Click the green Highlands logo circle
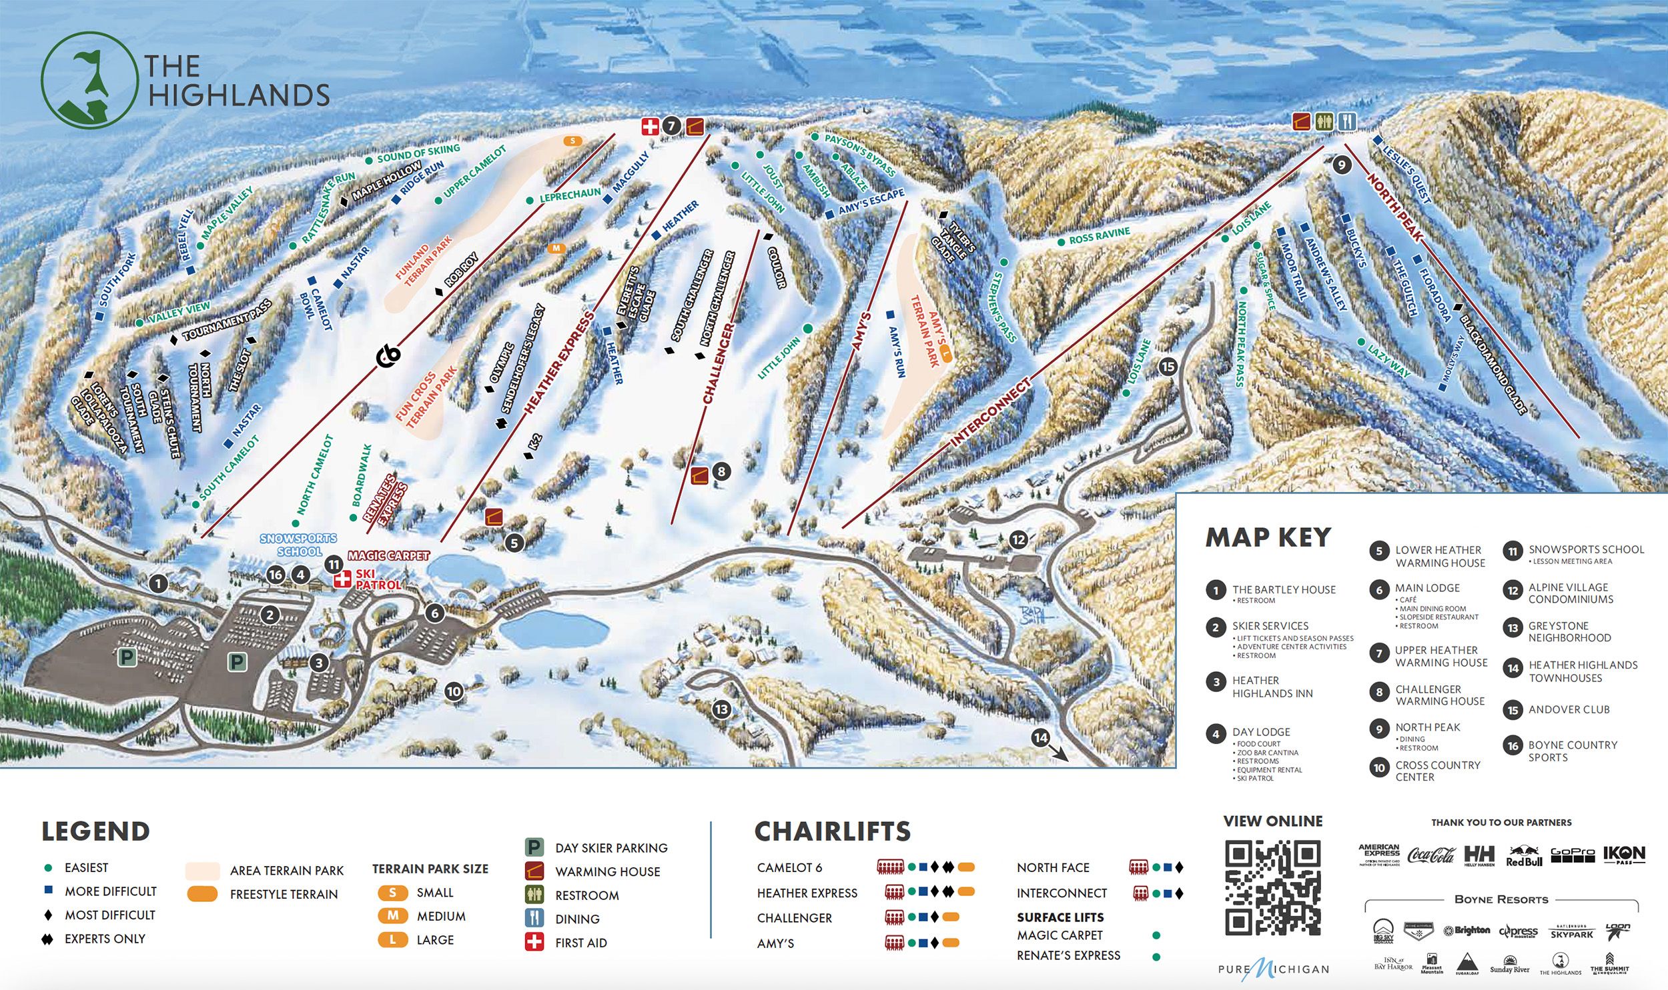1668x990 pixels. (87, 80)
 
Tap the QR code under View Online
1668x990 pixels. (1272, 887)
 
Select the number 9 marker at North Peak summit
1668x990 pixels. (1341, 165)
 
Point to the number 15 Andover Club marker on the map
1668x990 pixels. (1168, 366)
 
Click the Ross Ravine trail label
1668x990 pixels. (1099, 235)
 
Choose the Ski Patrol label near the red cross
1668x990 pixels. (377, 579)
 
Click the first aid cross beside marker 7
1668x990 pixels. (650, 126)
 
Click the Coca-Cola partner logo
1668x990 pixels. (1430, 855)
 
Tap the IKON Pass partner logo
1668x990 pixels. (1624, 854)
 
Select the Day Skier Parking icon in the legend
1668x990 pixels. (534, 847)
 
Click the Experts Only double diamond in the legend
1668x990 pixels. (47, 939)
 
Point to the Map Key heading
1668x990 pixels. (1268, 537)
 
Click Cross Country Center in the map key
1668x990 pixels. (1437, 771)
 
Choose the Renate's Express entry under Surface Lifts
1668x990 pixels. (1068, 955)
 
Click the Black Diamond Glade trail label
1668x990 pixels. (1493, 364)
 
